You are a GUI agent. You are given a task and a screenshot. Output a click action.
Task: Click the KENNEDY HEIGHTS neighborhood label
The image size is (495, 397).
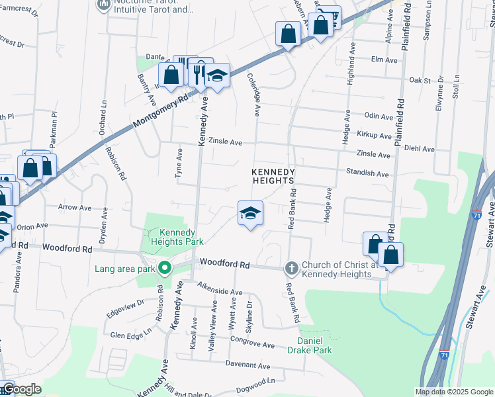(272, 177)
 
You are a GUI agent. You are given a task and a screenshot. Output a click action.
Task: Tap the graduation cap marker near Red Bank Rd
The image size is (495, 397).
(251, 214)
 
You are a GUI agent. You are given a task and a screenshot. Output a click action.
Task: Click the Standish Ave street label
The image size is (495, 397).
(367, 173)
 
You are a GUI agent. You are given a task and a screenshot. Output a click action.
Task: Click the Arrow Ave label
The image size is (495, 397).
(75, 208)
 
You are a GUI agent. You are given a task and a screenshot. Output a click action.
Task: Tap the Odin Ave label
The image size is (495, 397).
(379, 116)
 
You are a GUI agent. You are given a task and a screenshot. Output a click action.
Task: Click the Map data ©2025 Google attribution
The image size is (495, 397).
(454, 392)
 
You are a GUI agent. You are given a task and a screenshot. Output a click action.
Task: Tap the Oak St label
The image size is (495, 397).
(420, 80)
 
